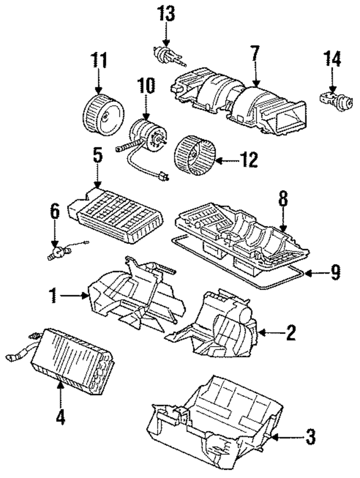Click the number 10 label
[145, 87]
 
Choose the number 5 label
[97, 155]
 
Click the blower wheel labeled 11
[101, 113]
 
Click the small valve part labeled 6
[57, 252]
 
